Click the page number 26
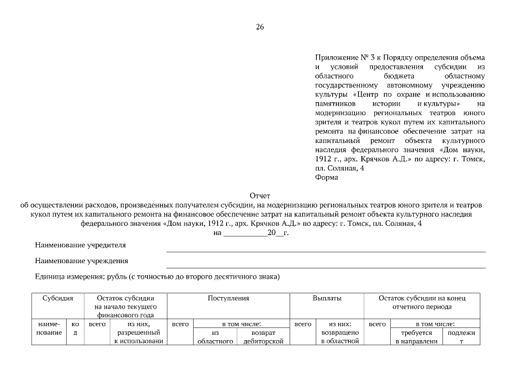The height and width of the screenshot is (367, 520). [x=260, y=27]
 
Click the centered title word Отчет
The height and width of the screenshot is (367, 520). [x=260, y=196]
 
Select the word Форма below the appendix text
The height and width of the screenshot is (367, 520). [x=326, y=177]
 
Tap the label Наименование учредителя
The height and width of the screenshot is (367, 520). [x=80, y=245]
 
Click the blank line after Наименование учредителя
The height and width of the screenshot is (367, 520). [x=325, y=250]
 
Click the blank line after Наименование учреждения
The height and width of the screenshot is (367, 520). [x=325, y=266]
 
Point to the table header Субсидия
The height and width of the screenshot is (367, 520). [x=57, y=299]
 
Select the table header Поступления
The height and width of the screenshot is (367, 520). [x=228, y=299]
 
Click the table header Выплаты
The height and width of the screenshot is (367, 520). [x=326, y=299]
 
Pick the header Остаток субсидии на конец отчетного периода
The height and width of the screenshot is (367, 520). [x=422, y=303]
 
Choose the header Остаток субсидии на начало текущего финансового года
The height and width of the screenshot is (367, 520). [x=125, y=307]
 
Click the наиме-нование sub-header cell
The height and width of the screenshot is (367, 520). [x=51, y=333]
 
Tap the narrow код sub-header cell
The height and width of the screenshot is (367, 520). [x=76, y=333]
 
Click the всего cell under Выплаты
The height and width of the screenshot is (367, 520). [x=303, y=325]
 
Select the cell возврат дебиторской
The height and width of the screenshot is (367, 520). [x=264, y=337]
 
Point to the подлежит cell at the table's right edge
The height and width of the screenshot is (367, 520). [x=461, y=337]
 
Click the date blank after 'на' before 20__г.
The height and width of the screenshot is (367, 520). [x=244, y=233]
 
